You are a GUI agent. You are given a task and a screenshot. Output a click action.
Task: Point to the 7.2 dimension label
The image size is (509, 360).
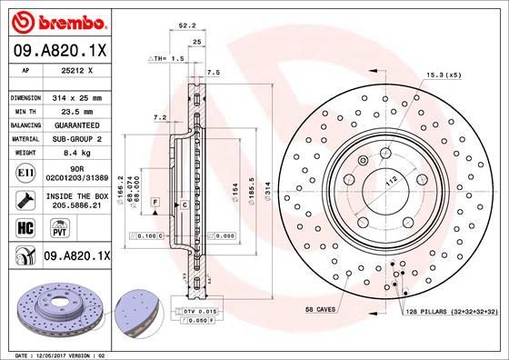click(x=160, y=117)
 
